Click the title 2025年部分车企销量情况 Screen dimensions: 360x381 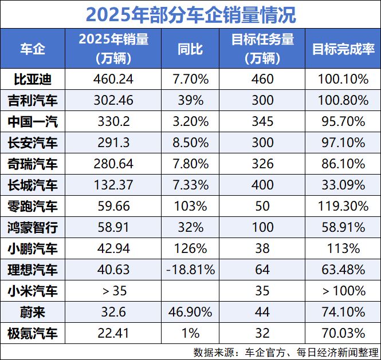click(190, 14)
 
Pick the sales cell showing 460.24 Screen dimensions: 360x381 click(113, 79)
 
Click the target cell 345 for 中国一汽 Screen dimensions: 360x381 click(263, 121)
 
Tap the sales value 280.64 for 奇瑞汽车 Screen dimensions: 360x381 click(113, 164)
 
